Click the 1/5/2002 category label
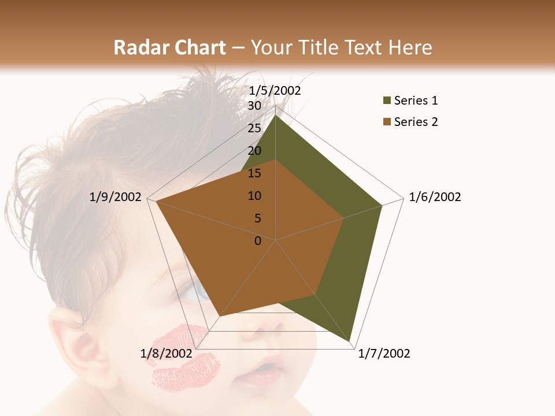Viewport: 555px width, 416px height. coord(275,91)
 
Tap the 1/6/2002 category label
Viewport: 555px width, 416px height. coord(435,197)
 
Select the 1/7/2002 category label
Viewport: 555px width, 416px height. coord(384,354)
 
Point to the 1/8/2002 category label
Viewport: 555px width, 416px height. coord(166,354)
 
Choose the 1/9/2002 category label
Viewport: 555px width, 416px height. coord(116,197)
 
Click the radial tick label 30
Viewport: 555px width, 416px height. coord(254,106)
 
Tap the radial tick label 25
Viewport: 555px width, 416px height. coord(254,128)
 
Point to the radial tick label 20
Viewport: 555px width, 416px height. coord(254,151)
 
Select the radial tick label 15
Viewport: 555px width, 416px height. coord(254,173)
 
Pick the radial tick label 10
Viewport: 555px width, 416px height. coord(254,196)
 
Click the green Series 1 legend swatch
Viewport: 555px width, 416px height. coord(387,101)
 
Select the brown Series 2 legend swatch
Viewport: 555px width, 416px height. coord(387,122)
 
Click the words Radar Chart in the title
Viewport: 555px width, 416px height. coord(169,47)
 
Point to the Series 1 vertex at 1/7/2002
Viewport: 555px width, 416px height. coord(351,341)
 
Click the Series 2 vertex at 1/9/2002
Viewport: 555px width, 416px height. coord(156,202)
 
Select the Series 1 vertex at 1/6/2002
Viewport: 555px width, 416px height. coord(382,205)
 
